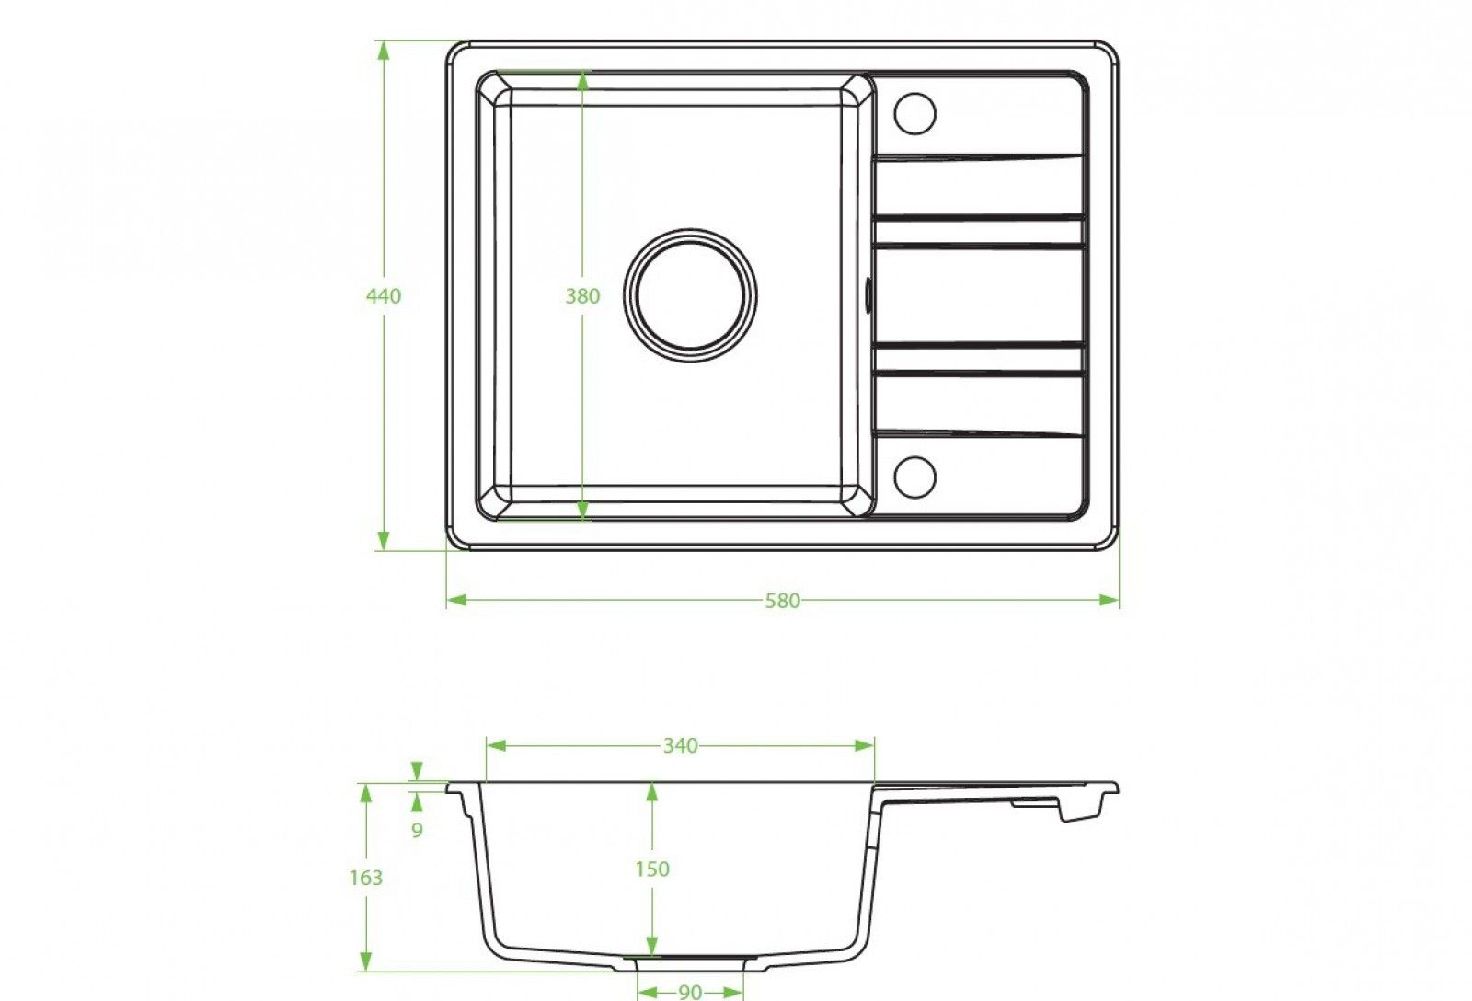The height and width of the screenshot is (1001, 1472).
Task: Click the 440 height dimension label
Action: [384, 296]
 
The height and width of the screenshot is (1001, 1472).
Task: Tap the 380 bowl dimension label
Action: [582, 296]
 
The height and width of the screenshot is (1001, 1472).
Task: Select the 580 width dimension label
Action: [783, 601]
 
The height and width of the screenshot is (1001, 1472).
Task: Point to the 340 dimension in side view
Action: [680, 746]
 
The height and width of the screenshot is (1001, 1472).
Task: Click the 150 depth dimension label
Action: [652, 869]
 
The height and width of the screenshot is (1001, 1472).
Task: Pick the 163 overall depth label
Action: [365, 878]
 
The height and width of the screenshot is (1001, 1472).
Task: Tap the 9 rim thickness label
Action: [418, 830]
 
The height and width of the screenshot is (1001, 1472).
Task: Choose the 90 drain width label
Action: [690, 992]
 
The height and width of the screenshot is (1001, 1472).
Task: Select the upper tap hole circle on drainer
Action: [915, 113]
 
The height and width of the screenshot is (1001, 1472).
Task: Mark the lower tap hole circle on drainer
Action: [915, 477]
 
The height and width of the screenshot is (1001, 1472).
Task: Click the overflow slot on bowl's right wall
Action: [869, 296]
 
